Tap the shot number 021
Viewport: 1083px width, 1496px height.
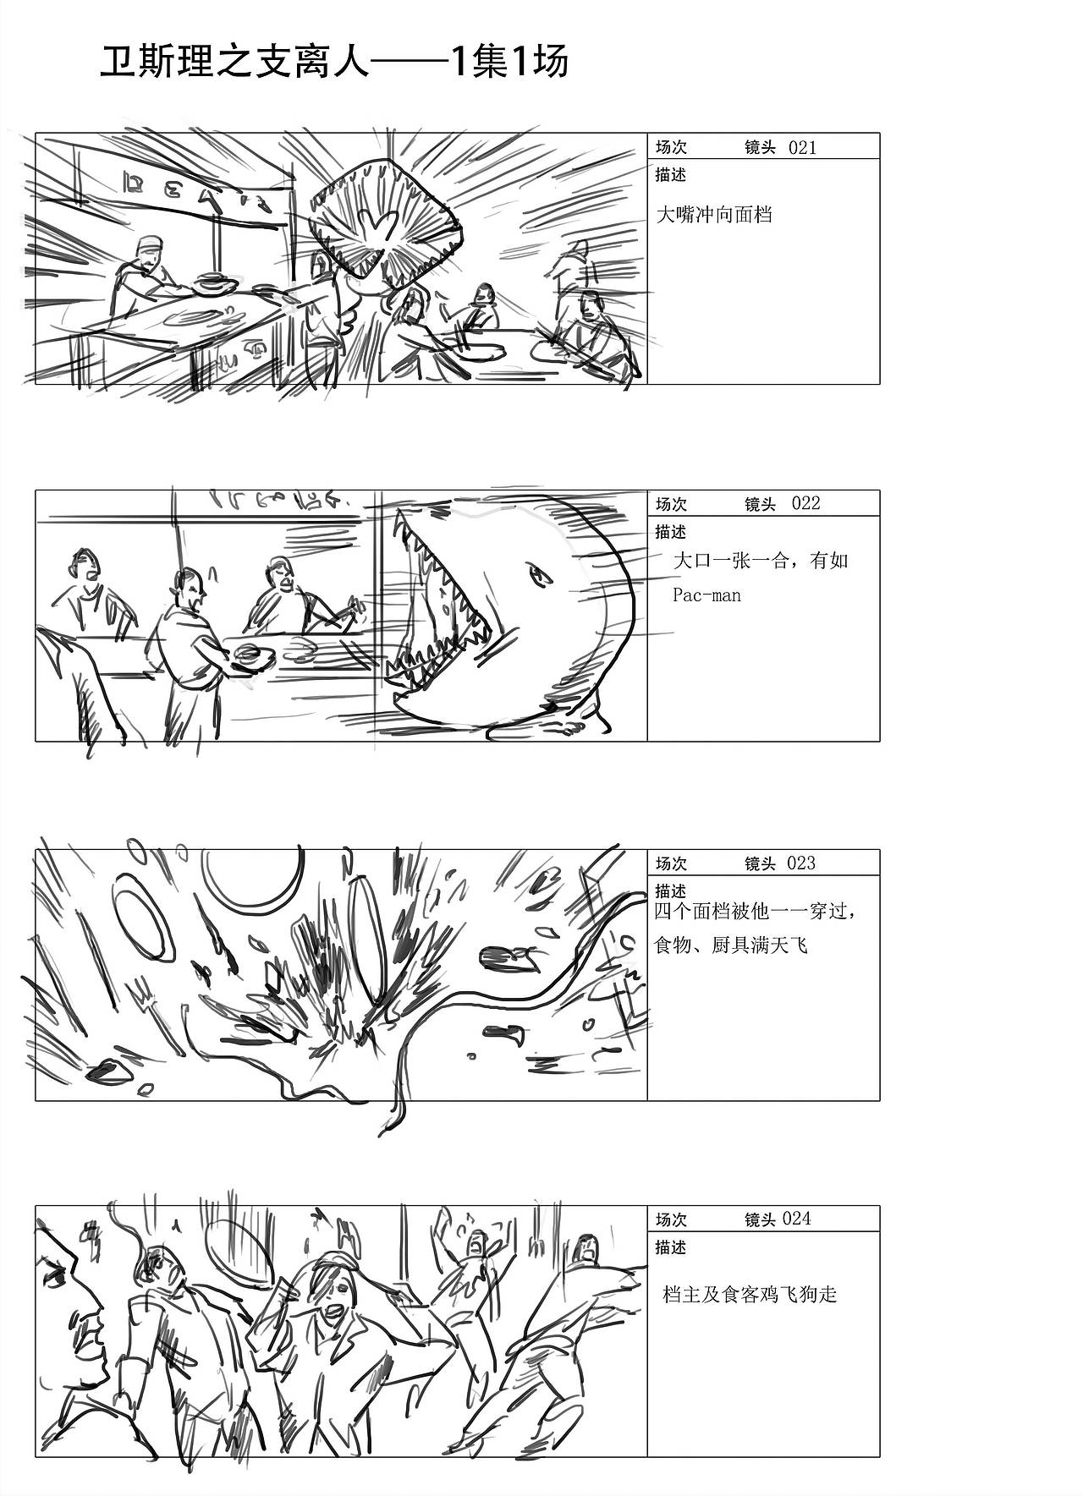coord(802,147)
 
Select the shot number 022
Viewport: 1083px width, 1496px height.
coord(805,503)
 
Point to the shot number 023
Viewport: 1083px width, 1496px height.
coord(801,863)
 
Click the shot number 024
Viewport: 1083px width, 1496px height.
coord(796,1219)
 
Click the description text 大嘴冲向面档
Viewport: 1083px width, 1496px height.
coord(714,214)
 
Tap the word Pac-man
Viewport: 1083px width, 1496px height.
coord(706,595)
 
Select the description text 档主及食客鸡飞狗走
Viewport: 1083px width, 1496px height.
coord(750,1294)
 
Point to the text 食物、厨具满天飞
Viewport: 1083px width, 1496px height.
coord(731,945)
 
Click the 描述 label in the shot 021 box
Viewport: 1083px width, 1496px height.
coord(670,175)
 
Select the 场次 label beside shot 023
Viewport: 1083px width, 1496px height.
coord(671,863)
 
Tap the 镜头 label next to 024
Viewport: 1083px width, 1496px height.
coord(760,1219)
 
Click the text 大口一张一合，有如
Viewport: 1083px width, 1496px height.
coord(760,561)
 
